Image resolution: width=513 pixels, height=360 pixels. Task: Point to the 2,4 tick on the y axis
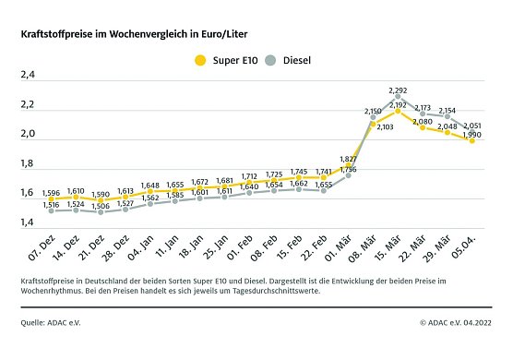click(x=28, y=78)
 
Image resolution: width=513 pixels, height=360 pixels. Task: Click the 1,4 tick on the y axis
click(x=28, y=222)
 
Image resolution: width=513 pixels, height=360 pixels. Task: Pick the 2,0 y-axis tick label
click(x=28, y=136)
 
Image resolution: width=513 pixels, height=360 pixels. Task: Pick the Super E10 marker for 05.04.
click(x=472, y=140)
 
